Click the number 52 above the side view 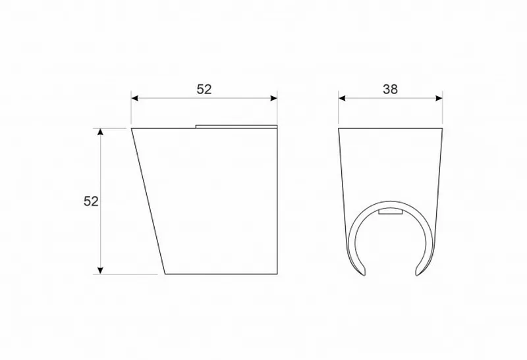(x=204, y=90)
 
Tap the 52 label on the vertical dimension (x=91, y=201)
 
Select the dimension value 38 (x=390, y=90)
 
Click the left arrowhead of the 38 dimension (x=342, y=98)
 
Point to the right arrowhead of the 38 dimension (x=439, y=98)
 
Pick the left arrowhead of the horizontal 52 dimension (x=135, y=98)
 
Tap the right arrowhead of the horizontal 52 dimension (x=273, y=98)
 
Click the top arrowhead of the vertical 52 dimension (x=100, y=132)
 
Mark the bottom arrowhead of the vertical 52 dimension (x=100, y=270)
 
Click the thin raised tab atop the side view (x=236, y=126)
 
